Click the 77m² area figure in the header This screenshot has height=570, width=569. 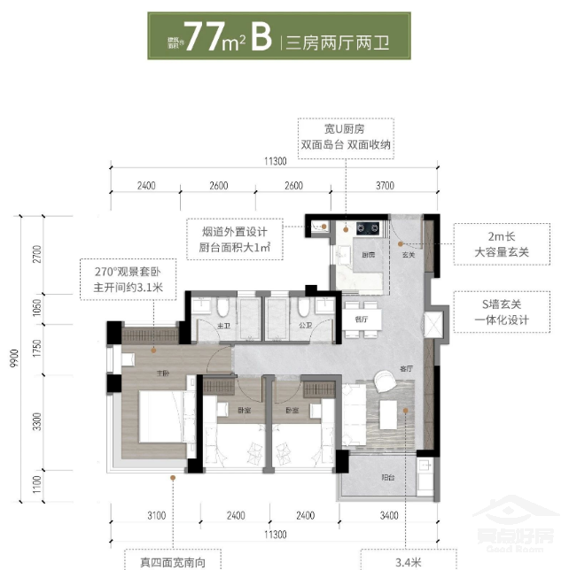point(215,39)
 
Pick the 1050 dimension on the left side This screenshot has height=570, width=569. point(37,308)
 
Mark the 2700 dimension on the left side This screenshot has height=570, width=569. point(37,254)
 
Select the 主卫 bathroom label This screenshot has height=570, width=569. point(224,326)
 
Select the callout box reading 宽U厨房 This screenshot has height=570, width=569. point(346,137)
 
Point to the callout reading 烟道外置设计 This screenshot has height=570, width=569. point(229,239)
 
